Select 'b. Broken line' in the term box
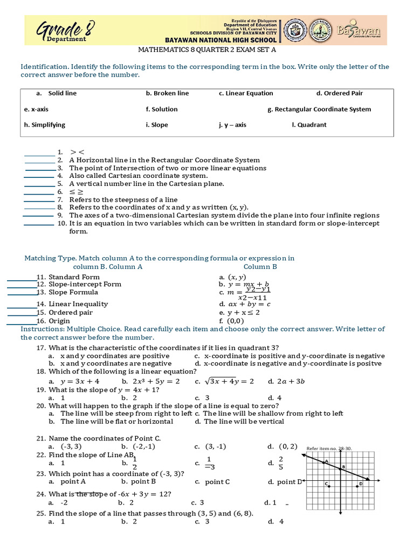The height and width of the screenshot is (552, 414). coord(167,93)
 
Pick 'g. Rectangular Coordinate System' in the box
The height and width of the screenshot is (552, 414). coord(319,109)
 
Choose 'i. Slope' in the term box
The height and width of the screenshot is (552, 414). coord(157,125)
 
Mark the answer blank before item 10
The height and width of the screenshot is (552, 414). coord(38,223)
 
